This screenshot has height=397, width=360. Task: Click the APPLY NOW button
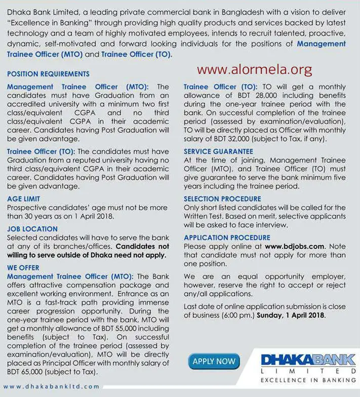coord(214,361)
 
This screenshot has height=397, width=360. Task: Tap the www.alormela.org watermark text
coord(254,69)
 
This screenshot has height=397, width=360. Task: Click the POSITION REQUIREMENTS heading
coord(48,74)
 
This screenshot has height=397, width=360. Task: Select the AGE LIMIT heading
coord(23,199)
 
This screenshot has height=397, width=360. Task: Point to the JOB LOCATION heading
coord(32,229)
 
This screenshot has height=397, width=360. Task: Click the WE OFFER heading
coord(23,268)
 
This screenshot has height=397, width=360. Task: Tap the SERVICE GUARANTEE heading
coord(218,151)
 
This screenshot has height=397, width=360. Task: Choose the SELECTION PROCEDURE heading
coord(222,199)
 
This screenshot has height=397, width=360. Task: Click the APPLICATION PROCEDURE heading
coord(227,237)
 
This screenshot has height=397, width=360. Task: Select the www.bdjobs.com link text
coord(295,247)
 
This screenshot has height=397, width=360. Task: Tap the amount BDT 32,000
coord(228,139)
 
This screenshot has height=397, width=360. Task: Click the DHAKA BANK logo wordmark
coord(308,361)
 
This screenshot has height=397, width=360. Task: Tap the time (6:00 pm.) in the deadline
coord(235,315)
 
